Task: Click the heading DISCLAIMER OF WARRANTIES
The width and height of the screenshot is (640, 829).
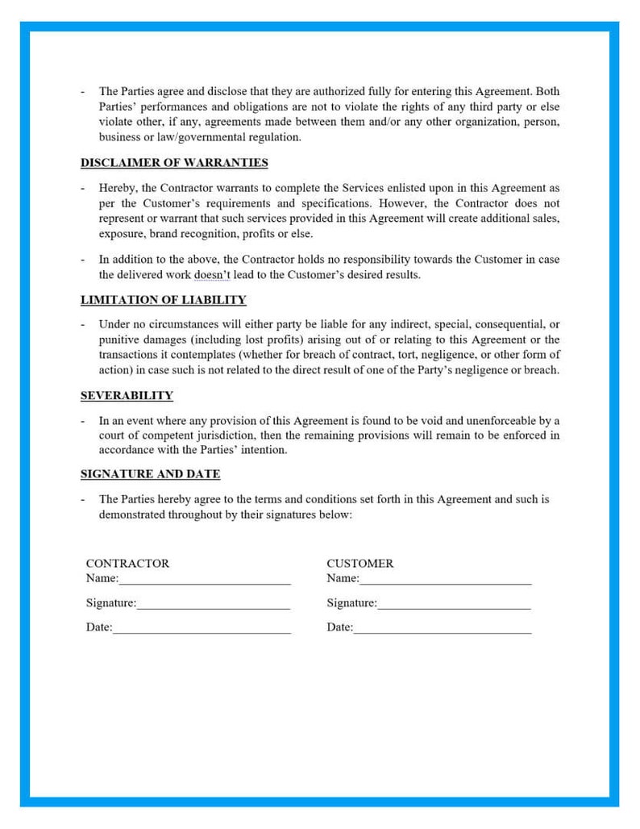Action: tap(174, 163)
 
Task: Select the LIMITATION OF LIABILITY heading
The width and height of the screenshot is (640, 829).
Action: tap(163, 300)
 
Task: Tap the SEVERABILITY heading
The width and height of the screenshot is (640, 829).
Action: tap(127, 395)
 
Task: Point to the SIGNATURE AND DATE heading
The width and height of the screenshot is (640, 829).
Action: tap(150, 474)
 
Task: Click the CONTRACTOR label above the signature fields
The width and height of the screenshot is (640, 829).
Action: tap(127, 564)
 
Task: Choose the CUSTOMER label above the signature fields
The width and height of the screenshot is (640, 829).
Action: tap(359, 564)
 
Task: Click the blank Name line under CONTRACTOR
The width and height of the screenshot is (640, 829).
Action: tap(205, 579)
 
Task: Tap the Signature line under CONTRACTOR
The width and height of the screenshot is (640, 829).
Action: tap(213, 604)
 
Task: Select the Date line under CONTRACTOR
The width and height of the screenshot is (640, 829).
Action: tap(202, 628)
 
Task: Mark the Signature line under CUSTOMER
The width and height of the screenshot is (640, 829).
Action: tap(453, 604)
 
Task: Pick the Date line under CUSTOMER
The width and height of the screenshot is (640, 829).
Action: tap(442, 628)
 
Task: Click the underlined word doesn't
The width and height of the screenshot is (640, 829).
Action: tap(213, 275)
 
